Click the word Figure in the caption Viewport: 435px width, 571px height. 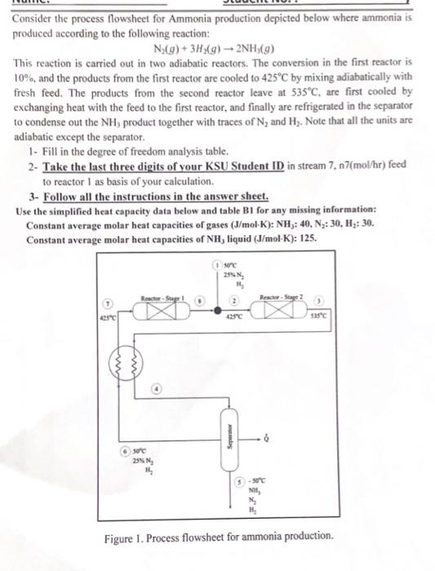coord(122,537)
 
